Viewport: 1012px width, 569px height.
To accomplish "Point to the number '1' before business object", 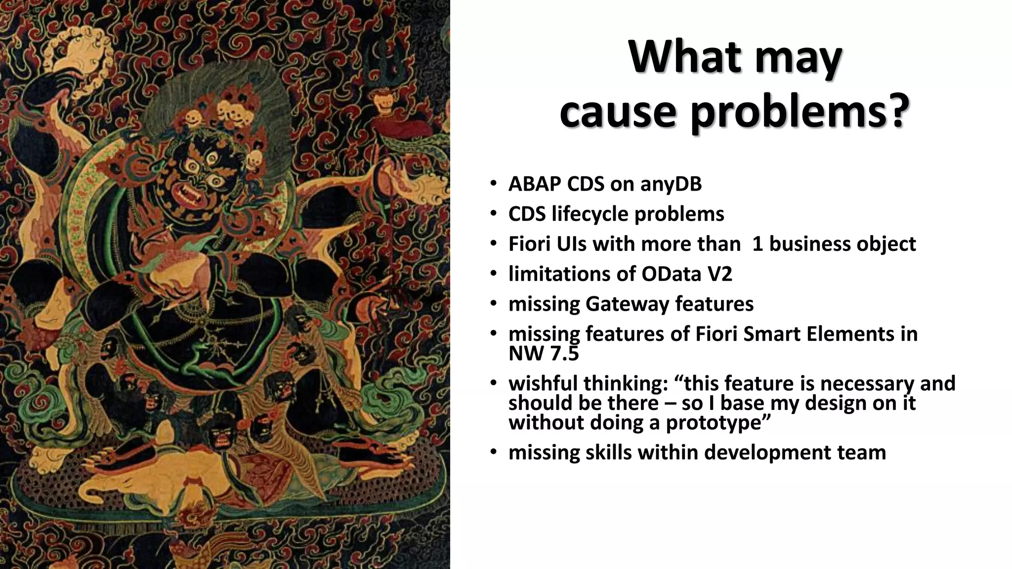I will point(757,244).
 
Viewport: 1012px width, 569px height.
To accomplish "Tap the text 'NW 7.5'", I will point(543,354).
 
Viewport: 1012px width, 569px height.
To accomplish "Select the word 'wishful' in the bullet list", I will point(543,384).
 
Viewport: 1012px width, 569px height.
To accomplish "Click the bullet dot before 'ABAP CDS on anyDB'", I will point(493,185).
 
